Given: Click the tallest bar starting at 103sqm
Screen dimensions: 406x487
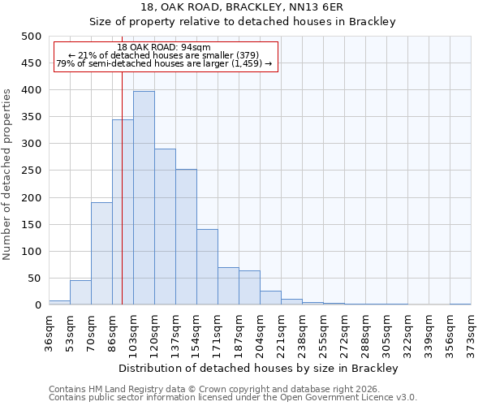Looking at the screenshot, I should pyautogui.click(x=144, y=198).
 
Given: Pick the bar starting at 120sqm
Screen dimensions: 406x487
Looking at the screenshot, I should pyautogui.click(x=165, y=227).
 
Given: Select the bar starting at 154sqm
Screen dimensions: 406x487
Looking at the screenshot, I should pyautogui.click(x=207, y=267).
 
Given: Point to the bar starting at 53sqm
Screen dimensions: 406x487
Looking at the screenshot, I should pyautogui.click(x=80, y=292).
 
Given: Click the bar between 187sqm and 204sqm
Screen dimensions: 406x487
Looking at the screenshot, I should pyautogui.click(x=249, y=287).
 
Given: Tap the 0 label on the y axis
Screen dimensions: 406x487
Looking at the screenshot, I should pyautogui.click(x=37, y=305).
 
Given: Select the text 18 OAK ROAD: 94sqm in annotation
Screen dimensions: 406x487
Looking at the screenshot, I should pyautogui.click(x=164, y=47).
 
